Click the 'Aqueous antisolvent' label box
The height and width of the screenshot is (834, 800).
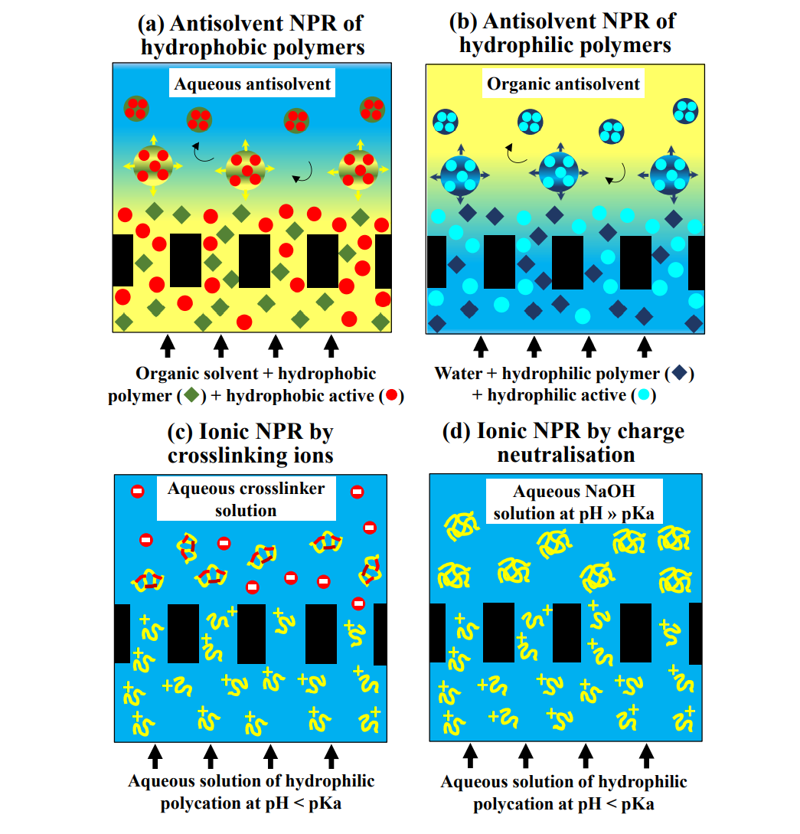pyautogui.click(x=253, y=83)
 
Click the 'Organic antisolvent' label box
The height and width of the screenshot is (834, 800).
pyautogui.click(x=563, y=83)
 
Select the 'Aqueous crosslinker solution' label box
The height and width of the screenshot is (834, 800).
pyautogui.click(x=246, y=499)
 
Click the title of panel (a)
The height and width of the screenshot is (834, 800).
pyautogui.click(x=250, y=34)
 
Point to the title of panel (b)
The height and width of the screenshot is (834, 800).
pyautogui.click(x=565, y=33)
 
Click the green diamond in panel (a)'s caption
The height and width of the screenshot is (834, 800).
pyautogui.click(x=191, y=396)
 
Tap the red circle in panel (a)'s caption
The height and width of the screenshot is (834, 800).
pyautogui.click(x=391, y=396)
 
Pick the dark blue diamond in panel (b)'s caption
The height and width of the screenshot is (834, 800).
pyautogui.click(x=680, y=374)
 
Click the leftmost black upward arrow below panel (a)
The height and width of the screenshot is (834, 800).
pyautogui.click(x=168, y=346)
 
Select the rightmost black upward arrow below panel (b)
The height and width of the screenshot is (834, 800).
pyautogui.click(x=645, y=346)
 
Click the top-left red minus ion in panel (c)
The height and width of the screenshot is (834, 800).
pyautogui.click(x=138, y=492)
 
